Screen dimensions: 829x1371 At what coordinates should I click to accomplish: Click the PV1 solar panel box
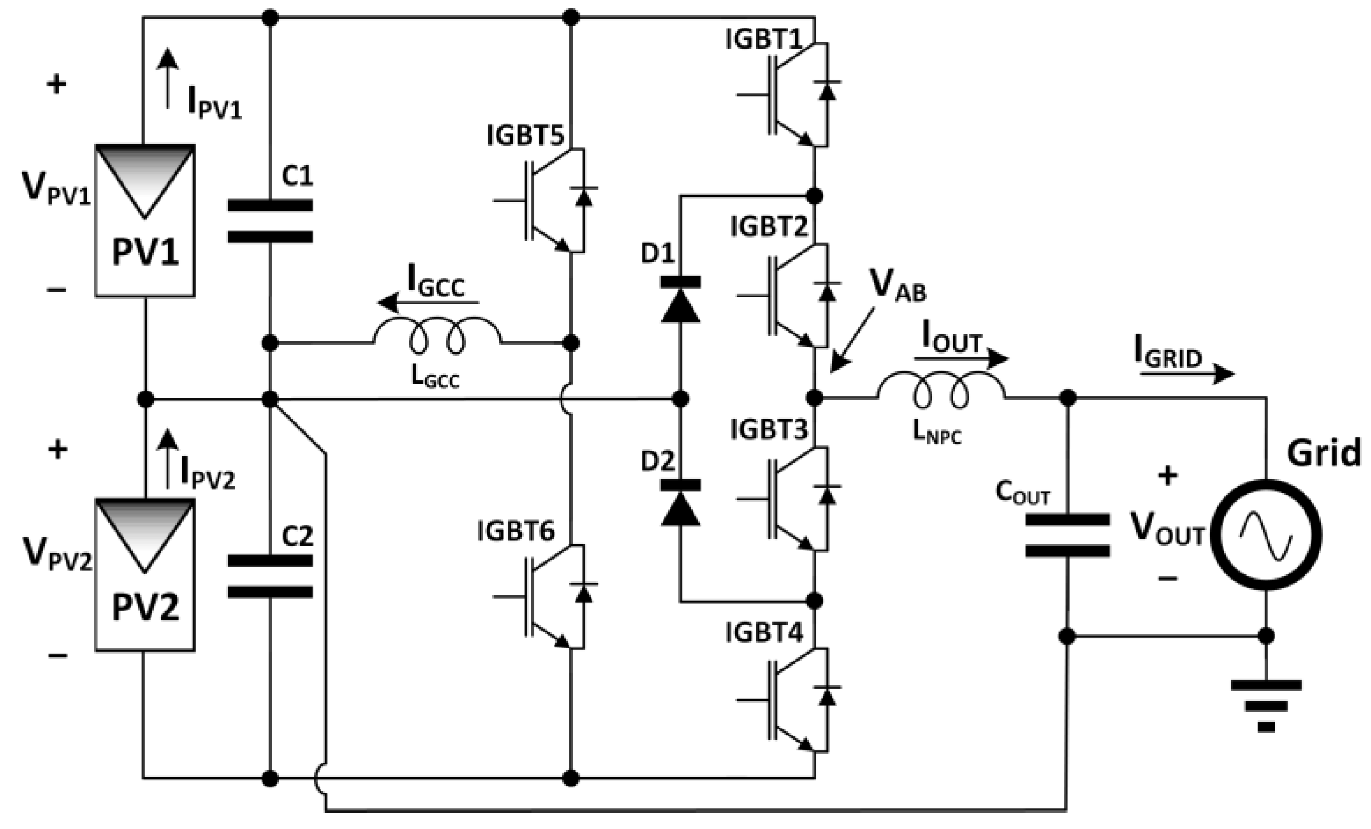click(145, 221)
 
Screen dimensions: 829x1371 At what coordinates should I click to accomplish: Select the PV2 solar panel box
click(145, 575)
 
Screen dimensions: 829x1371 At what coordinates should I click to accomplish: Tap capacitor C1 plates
click(270, 221)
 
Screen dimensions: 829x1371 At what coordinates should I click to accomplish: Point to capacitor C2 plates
click(270, 576)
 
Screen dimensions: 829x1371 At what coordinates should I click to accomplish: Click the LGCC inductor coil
click(437, 336)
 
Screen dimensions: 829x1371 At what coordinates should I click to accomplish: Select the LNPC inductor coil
click(941, 390)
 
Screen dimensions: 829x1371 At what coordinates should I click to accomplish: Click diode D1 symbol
click(680, 299)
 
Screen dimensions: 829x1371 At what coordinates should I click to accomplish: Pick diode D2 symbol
click(680, 502)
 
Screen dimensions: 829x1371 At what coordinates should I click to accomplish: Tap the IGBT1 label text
click(763, 40)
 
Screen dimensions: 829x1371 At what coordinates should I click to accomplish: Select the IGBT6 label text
click(515, 532)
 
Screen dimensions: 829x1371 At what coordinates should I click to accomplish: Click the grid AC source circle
click(1267, 534)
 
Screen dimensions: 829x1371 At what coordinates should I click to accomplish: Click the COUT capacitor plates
click(1067, 535)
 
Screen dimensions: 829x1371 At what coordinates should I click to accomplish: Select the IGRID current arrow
click(1187, 373)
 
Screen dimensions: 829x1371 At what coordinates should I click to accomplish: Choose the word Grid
click(1324, 453)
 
